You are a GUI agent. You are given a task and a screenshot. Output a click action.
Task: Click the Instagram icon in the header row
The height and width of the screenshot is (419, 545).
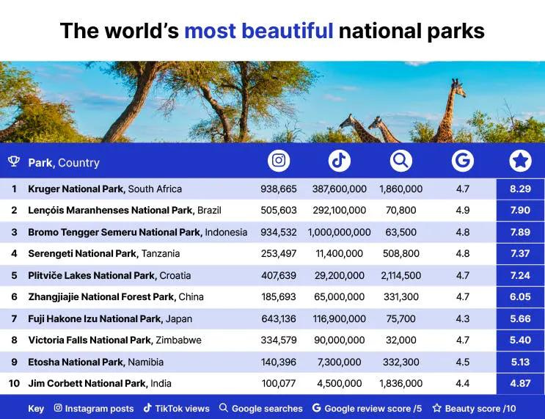coord(279,161)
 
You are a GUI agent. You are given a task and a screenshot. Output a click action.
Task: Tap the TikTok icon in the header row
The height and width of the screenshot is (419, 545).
coord(339,161)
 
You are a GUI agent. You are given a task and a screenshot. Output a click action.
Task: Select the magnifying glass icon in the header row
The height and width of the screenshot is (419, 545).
coord(400,161)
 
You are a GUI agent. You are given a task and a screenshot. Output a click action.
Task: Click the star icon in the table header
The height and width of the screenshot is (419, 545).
coord(520,161)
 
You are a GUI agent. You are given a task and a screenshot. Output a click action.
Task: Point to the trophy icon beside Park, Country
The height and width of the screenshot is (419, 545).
coord(13,162)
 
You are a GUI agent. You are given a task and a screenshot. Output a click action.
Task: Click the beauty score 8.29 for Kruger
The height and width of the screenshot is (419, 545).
coord(520,189)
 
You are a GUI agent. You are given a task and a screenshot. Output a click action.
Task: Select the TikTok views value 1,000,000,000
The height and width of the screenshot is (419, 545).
coord(339,232)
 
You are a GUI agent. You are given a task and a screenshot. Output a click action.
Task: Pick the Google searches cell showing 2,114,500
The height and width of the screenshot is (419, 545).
coord(400,275)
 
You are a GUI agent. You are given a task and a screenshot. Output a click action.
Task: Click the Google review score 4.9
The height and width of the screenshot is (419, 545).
coord(462,211)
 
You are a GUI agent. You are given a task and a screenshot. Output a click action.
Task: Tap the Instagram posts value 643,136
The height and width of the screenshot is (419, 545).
coord(279,318)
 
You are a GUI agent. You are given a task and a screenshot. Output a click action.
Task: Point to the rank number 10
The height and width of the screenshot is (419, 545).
coord(14,383)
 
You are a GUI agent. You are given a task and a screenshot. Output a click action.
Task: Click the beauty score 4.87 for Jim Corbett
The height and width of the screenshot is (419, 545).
coord(520,383)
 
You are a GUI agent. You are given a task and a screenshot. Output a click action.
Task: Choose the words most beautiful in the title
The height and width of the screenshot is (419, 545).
coord(258,31)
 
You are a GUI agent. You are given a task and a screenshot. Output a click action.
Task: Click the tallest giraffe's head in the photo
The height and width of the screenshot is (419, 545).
coord(458,85)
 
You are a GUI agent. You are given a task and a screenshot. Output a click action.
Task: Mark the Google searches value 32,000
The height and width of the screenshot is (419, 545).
coord(400,340)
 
